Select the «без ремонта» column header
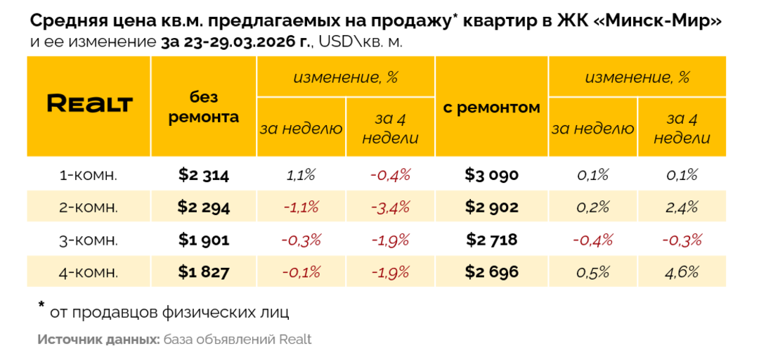tap(204, 108)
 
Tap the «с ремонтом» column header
tap(492, 108)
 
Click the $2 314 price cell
tap(204, 175)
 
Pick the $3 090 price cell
tap(492, 175)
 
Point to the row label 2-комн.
tap(89, 207)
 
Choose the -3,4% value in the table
tap(390, 207)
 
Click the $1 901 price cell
tap(204, 240)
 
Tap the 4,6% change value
tap(682, 272)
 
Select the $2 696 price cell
tap(492, 272)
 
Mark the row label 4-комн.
tap(89, 272)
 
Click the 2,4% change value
tap(682, 207)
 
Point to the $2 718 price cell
tap(492, 240)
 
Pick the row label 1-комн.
tap(89, 175)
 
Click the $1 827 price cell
tap(204, 272)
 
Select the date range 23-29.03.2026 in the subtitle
tap(235, 41)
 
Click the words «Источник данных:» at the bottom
tap(98, 340)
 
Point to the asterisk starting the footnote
tap(41, 306)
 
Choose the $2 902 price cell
tap(492, 207)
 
